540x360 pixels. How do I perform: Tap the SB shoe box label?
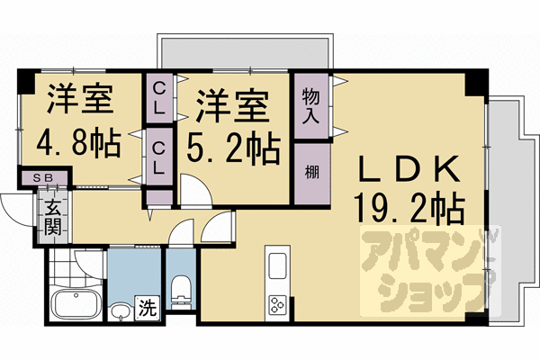click(42, 178)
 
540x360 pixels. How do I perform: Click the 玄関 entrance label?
click(51, 217)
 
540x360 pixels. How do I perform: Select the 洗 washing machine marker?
click(145, 308)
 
